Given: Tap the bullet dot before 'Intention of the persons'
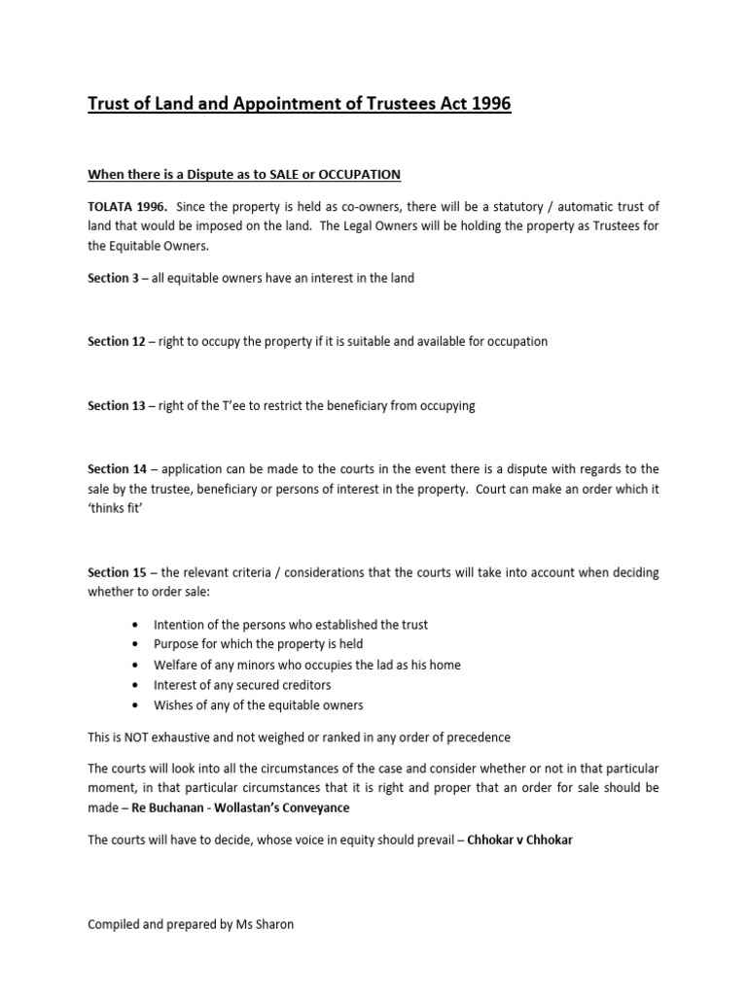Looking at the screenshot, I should (x=133, y=625).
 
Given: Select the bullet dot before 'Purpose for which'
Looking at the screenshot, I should (x=133, y=645).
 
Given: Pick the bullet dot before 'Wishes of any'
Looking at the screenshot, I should (x=133, y=705).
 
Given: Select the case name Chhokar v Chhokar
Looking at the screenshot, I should (x=519, y=841).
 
